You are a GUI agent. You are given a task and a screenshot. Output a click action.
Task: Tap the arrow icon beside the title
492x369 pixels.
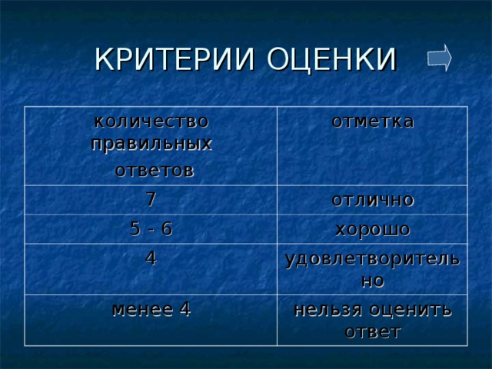(439, 58)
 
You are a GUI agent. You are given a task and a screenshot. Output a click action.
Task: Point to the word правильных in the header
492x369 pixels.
(151, 144)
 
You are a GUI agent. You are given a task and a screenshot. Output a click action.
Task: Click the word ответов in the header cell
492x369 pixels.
(154, 169)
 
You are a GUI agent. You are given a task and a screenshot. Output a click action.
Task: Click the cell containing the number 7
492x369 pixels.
(152, 198)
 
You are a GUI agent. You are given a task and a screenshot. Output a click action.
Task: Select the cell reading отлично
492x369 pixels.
(373, 200)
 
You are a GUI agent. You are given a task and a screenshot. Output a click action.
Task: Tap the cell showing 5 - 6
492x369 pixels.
(152, 228)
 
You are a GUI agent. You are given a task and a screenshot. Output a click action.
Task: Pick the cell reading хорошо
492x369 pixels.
(373, 229)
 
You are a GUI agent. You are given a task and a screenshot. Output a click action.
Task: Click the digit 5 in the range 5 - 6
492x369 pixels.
(135, 228)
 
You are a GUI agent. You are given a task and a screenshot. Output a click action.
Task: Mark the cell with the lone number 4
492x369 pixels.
(152, 258)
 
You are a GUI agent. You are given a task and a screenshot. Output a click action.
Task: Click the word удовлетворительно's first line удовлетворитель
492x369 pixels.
(373, 260)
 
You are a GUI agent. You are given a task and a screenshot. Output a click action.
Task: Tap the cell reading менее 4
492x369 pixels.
(151, 310)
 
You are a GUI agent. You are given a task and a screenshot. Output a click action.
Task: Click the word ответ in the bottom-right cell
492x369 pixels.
(373, 332)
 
